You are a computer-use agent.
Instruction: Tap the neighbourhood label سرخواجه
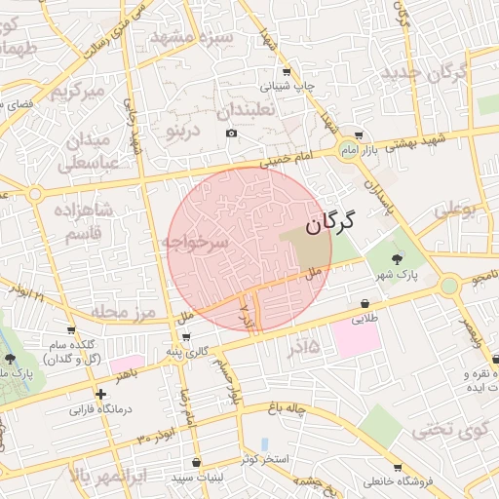(x=196, y=242)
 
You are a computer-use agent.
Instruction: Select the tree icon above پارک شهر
(x=396, y=258)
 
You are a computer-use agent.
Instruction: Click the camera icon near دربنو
(x=231, y=133)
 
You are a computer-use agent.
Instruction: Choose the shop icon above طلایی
(x=365, y=303)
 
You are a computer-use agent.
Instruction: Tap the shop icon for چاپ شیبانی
(x=285, y=72)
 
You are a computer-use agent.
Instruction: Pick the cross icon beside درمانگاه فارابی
(x=100, y=394)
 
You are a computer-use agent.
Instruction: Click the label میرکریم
(x=76, y=93)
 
